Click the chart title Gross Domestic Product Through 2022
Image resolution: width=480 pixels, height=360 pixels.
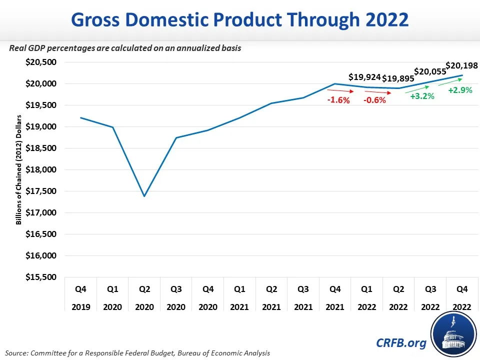[x=240, y=19]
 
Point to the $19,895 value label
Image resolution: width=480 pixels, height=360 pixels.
[x=398, y=78]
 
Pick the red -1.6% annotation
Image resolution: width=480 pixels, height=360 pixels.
[x=338, y=100]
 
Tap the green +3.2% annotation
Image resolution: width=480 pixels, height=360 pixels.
[x=422, y=96]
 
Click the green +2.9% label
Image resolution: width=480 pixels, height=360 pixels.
[x=460, y=90]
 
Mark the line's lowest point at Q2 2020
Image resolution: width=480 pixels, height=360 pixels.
[x=144, y=196]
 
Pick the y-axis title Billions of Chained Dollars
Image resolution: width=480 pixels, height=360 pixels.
[x=18, y=169]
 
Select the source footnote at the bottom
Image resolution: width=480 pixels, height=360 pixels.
[x=137, y=353]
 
